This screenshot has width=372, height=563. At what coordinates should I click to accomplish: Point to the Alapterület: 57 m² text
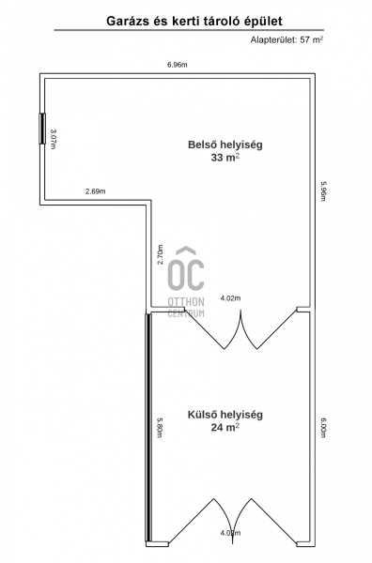tap(287, 39)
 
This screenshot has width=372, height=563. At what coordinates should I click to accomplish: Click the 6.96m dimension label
tap(178, 65)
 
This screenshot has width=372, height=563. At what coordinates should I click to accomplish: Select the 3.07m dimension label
tap(54, 139)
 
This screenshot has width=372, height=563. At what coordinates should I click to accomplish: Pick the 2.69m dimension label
tap(95, 191)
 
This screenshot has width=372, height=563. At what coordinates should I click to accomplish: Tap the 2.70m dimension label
tap(160, 254)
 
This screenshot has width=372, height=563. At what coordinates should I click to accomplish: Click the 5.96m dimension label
tap(323, 190)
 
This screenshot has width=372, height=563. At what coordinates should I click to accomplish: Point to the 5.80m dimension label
tap(160, 427)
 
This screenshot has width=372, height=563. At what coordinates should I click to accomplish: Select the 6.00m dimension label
tap(323, 427)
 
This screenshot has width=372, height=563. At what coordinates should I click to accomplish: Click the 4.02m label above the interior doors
tap(230, 298)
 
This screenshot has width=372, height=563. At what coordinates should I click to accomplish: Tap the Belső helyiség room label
tap(225, 145)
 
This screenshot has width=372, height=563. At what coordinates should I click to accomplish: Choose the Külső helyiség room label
tap(225, 415)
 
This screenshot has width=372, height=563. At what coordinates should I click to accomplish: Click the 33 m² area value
tap(225, 158)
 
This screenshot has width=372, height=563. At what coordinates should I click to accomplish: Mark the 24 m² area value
tap(225, 427)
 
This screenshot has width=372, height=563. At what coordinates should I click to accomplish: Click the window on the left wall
tap(42, 129)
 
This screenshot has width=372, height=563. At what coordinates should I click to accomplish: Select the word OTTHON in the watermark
tap(186, 302)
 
